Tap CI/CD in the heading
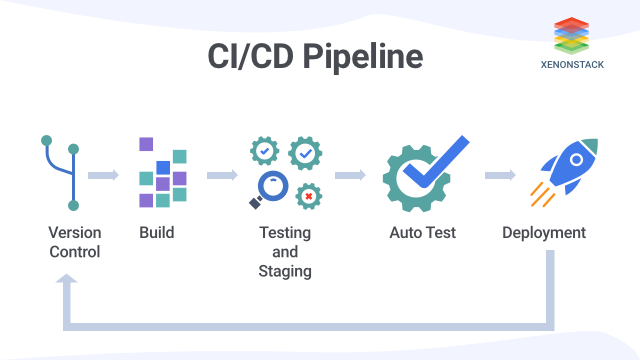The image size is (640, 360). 250,57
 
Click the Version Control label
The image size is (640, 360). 74,242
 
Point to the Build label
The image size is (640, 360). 156,233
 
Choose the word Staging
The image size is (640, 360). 285,271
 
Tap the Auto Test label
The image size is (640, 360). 422,233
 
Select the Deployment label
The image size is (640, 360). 544,233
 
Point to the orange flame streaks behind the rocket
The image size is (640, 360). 539,195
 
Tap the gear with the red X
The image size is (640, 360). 309,196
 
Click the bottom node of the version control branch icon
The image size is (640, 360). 73,206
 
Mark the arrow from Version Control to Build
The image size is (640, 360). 103,176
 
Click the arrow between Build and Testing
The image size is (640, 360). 222,176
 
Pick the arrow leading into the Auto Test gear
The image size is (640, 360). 350,176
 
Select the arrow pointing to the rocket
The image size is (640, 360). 499,176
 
